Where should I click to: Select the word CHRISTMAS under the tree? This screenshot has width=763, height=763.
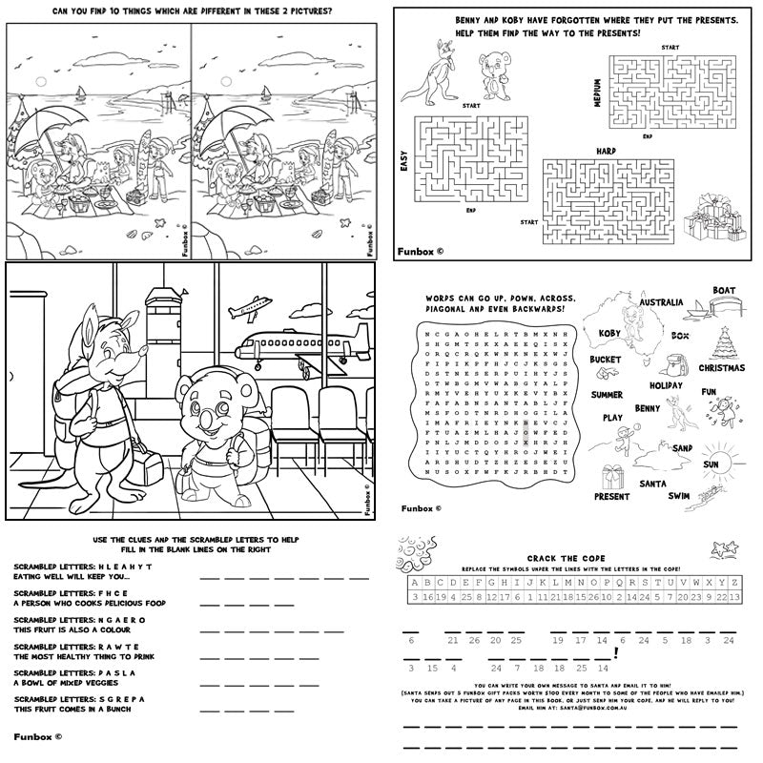click(x=722, y=367)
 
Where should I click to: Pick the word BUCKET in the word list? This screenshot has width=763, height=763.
click(x=606, y=360)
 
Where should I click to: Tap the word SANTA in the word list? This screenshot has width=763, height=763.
click(x=652, y=484)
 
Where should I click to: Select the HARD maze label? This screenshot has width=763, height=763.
click(x=606, y=151)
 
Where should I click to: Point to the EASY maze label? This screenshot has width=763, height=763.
click(x=403, y=173)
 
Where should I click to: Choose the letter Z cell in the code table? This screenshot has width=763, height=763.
click(x=734, y=583)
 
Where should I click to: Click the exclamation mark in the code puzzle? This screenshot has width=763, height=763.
click(x=618, y=653)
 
